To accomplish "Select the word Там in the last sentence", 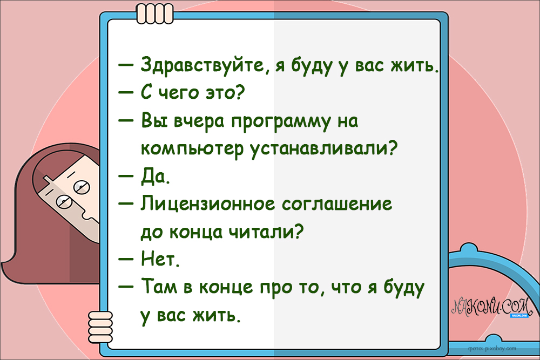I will (158, 287).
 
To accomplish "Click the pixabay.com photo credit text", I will (492, 348).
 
